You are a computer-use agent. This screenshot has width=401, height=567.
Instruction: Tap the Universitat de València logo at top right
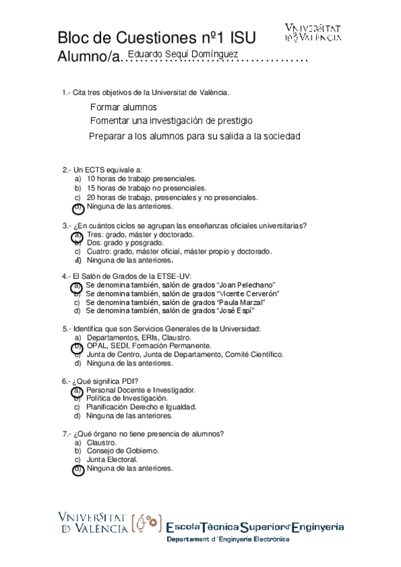click(313, 33)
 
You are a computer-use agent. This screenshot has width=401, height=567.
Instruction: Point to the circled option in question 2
click(78, 207)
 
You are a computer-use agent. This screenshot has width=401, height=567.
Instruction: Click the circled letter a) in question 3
click(78, 235)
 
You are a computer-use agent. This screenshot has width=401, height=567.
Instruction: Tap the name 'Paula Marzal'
click(238, 302)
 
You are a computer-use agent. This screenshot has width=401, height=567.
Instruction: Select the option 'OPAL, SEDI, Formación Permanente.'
click(149, 346)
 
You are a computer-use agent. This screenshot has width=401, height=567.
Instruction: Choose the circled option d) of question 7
click(78, 469)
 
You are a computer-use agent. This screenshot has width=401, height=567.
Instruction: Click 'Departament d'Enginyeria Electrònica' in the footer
click(228, 540)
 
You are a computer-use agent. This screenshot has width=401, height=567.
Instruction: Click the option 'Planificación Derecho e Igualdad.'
click(141, 407)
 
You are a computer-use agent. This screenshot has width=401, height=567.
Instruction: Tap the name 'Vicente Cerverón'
click(249, 294)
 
